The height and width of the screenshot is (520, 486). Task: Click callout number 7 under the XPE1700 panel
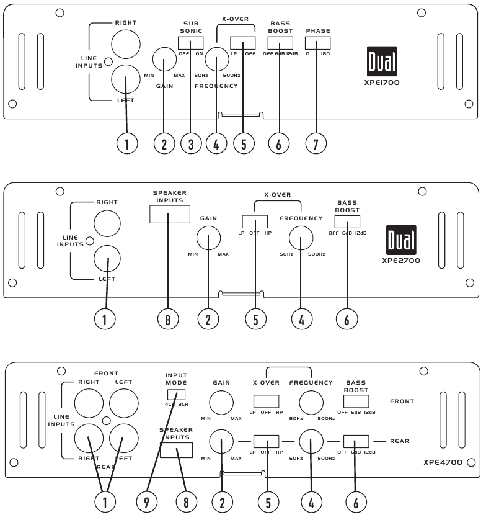click(316, 143)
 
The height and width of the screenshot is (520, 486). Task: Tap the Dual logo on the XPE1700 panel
click(382, 61)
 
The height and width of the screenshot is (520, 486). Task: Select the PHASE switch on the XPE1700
click(318, 43)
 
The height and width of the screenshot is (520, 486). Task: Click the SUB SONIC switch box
click(190, 43)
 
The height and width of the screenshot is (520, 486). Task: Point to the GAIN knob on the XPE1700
click(164, 60)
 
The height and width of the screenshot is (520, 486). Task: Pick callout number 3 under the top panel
click(191, 143)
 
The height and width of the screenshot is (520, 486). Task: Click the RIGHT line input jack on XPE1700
click(126, 44)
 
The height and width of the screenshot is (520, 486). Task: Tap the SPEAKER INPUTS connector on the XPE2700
click(170, 214)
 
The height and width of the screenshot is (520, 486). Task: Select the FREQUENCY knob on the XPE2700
click(301, 238)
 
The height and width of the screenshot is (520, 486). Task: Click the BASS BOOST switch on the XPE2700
click(347, 222)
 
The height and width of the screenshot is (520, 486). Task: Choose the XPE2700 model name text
click(401, 261)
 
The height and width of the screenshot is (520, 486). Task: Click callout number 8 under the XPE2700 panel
click(168, 320)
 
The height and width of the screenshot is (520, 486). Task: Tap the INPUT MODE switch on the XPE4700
click(176, 395)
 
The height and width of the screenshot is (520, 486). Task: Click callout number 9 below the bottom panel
click(147, 502)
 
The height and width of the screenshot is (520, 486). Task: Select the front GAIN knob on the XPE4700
click(221, 403)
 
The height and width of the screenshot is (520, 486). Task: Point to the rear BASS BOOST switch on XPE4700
click(356, 441)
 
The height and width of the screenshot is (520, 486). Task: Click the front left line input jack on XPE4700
click(123, 403)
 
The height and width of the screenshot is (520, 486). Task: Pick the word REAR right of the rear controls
click(400, 441)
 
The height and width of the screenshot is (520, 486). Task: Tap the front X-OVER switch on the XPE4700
click(267, 401)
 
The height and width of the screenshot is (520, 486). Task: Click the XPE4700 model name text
click(443, 462)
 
